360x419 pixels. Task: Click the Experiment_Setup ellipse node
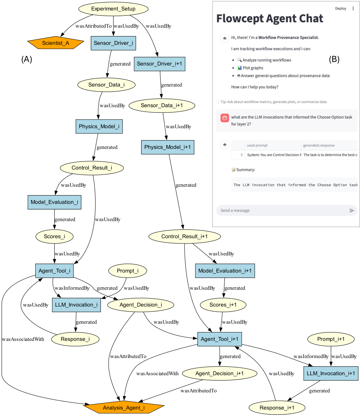(x=113, y=9)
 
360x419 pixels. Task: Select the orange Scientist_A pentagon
(x=56, y=43)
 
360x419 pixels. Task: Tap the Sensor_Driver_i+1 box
(x=160, y=64)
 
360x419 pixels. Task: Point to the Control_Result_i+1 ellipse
(x=185, y=236)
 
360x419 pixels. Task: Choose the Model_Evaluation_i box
(x=54, y=202)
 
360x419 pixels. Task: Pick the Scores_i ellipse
(x=54, y=236)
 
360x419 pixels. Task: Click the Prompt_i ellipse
(x=127, y=270)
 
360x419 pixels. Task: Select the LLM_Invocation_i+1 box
(x=331, y=373)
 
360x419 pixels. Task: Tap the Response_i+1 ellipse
(x=277, y=408)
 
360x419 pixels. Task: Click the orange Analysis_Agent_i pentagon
(x=124, y=408)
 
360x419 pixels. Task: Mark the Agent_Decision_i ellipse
(x=141, y=305)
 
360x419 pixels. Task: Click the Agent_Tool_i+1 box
(x=220, y=339)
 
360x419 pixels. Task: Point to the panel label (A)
(x=27, y=59)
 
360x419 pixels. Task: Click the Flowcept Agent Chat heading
(x=270, y=19)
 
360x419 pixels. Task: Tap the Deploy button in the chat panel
(x=340, y=9)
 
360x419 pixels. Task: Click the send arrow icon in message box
(x=352, y=211)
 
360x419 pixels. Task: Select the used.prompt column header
(x=257, y=145)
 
